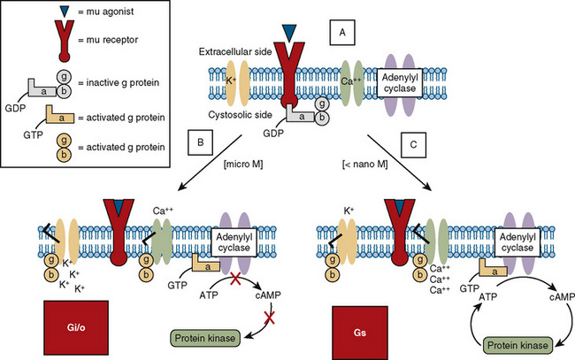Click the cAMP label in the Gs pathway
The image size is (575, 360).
point(560,298)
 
